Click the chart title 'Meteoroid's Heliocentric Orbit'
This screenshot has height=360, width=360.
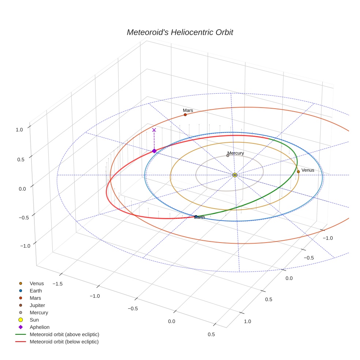coord(180,32)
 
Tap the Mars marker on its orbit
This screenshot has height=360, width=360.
coord(185,115)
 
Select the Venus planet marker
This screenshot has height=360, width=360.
coord(298,172)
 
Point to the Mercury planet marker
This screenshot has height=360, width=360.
coord(228,155)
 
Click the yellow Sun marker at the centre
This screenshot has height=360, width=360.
coord(235,175)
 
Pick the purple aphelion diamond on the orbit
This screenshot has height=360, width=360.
coord(154,151)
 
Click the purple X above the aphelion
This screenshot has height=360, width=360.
coord(154,130)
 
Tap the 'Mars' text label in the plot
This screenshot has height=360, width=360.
coord(188,110)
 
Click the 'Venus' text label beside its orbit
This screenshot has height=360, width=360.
coord(308,170)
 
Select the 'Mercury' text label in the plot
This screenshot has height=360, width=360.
coord(236,153)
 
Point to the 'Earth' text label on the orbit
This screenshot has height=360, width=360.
coord(199,217)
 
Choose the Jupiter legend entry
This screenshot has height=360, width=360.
coord(37,305)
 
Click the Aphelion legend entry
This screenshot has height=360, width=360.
coord(39,327)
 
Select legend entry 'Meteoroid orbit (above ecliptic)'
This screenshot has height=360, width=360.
coord(64,334)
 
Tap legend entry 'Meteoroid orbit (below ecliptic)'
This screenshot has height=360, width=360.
coord(64,342)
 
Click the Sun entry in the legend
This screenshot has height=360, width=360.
coord(34,320)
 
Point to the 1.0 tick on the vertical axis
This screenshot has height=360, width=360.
coord(19,129)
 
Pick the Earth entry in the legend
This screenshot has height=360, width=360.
coord(35,290)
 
